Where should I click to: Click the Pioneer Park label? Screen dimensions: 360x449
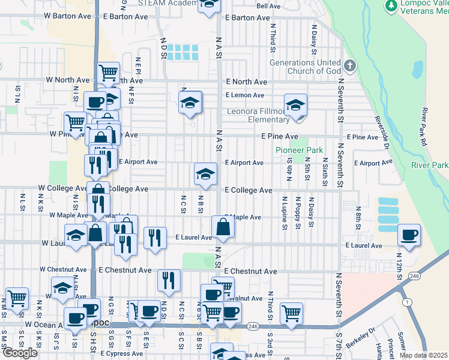click(x=299, y=150)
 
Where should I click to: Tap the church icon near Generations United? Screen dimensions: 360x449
click(x=351, y=64)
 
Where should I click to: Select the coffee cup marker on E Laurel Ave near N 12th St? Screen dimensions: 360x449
click(x=409, y=235)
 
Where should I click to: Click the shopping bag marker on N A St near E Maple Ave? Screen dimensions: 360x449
click(x=223, y=227)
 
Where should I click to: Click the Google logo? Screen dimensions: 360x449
click(x=20, y=353)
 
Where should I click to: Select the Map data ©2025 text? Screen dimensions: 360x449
click(x=423, y=355)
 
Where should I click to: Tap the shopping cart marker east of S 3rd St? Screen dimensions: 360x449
click(x=291, y=313)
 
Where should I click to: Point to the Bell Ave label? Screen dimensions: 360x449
click(x=268, y=6)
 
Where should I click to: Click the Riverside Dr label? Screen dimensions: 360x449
click(x=383, y=133)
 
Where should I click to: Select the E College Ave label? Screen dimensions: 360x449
click(x=249, y=190)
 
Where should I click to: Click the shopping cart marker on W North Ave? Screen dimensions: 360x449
click(x=108, y=73)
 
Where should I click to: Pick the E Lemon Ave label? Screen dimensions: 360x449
click(x=244, y=95)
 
